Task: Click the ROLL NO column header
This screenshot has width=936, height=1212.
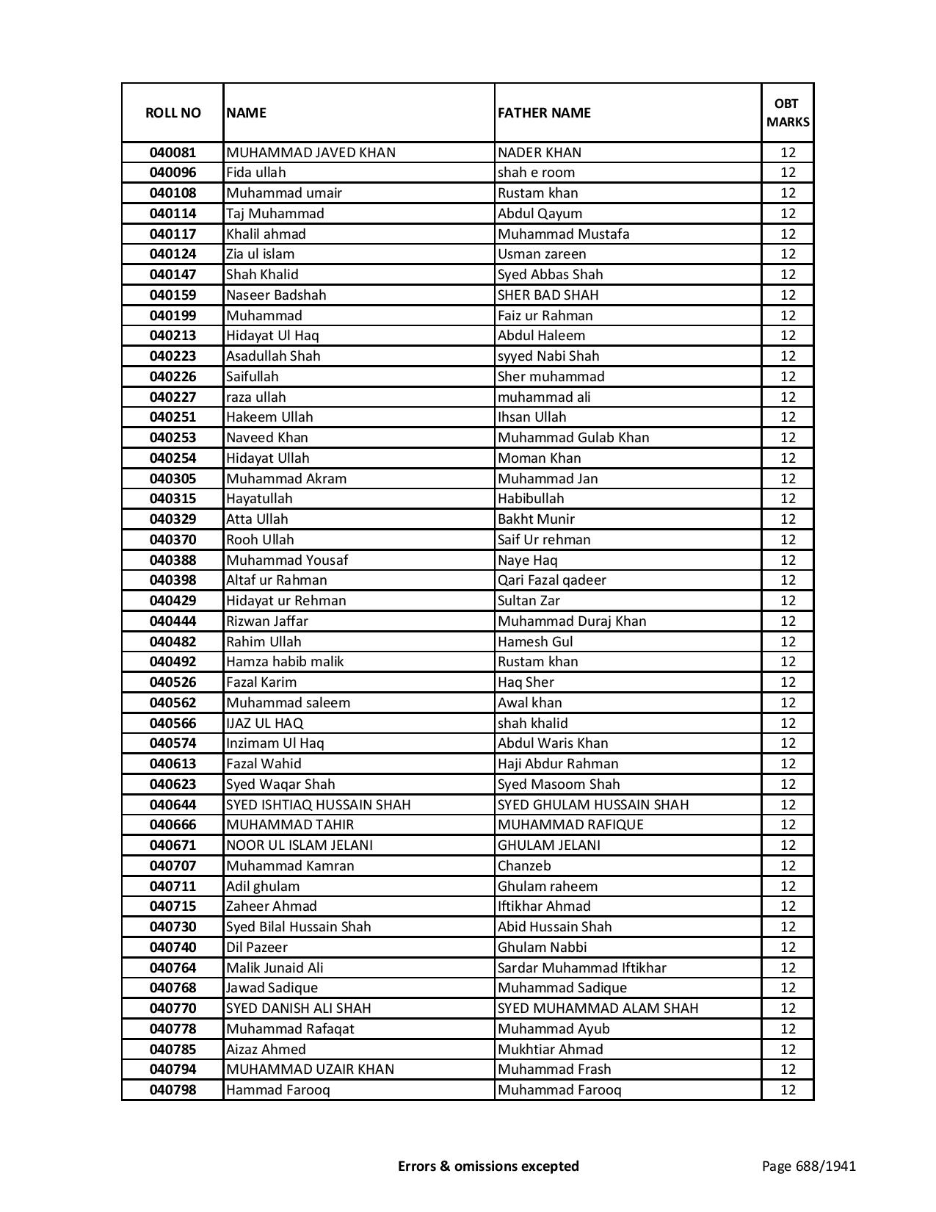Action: coord(173,112)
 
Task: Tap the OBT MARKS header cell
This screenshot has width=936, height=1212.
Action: coord(788,112)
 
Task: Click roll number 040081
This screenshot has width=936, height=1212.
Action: coord(173,153)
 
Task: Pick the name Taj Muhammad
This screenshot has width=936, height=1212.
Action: coord(275,214)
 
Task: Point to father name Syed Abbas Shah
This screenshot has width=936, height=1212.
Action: coord(550,275)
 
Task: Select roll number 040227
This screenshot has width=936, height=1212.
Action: coord(173,397)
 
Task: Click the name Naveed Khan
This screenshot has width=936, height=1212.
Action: coord(267,438)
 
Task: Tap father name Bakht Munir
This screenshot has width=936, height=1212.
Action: coord(536,519)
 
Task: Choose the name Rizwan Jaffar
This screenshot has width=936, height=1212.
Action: coord(267,621)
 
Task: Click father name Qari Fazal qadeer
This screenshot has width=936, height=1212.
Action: coord(552,580)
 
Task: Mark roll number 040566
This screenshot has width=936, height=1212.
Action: coord(173,724)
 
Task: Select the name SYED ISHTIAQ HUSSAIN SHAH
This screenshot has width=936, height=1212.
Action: coord(318,805)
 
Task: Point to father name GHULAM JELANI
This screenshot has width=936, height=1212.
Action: coord(548,845)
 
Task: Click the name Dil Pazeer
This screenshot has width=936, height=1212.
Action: coord(257,948)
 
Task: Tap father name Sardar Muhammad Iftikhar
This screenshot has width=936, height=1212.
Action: coord(581,968)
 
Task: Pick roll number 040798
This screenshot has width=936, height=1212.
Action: coord(173,1090)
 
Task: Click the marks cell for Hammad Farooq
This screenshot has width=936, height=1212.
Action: coord(788,1090)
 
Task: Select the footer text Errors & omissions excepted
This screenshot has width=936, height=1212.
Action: coord(488,1166)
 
